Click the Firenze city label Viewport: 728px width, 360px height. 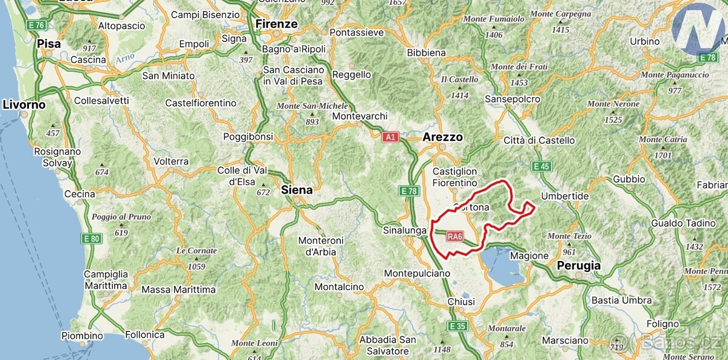(277, 24)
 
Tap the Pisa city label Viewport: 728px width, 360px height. (49, 44)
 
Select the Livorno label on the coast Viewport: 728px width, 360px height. (24, 104)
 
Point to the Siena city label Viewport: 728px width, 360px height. (297, 190)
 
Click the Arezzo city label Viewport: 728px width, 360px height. (443, 137)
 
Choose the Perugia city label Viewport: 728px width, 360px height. (579, 265)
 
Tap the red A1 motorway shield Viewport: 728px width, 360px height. (390, 137)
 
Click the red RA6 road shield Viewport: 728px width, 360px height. (455, 236)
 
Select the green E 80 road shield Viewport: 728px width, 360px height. (92, 239)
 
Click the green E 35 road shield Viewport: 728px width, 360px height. (458, 327)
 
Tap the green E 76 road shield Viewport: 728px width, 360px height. (36, 25)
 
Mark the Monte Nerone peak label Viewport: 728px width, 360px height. (613, 104)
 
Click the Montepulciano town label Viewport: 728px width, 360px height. (417, 273)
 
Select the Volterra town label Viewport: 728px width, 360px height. (171, 162)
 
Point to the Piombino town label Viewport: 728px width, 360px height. (82, 335)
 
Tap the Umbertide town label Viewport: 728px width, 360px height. (565, 196)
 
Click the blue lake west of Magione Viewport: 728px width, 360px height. (501, 267)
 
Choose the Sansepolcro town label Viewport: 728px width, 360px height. (513, 99)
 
